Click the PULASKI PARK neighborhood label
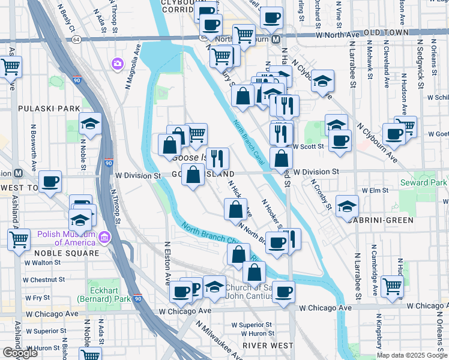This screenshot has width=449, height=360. tap(41, 109)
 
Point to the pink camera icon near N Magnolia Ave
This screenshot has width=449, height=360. tap(116, 63)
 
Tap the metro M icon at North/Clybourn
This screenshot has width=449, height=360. tap(276, 39)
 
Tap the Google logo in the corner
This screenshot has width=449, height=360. tap(20, 353)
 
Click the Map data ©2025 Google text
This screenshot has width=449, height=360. tap(412, 355)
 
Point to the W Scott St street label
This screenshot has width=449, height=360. tap(309, 146)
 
